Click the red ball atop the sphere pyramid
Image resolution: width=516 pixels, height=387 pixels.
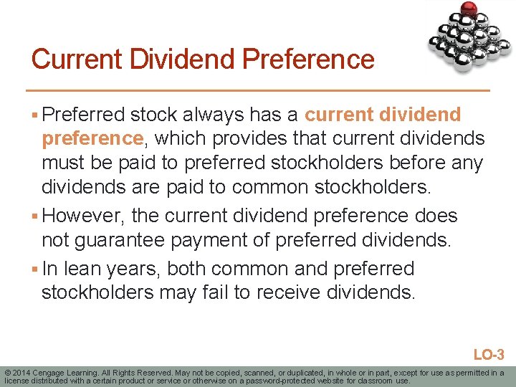469,9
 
